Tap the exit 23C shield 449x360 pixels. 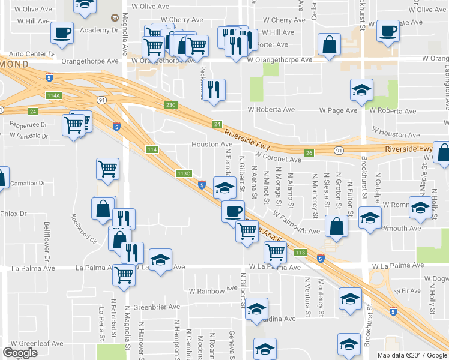[x=172, y=105]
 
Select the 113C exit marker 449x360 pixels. [x=184, y=173]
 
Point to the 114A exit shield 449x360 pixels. [x=54, y=95]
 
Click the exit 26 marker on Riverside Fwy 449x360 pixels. [x=308, y=153]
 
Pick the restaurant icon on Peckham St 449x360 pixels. [x=214, y=89]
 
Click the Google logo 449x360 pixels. [x=20, y=353]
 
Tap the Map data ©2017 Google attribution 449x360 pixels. [x=413, y=355]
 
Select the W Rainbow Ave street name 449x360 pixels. [x=210, y=290]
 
